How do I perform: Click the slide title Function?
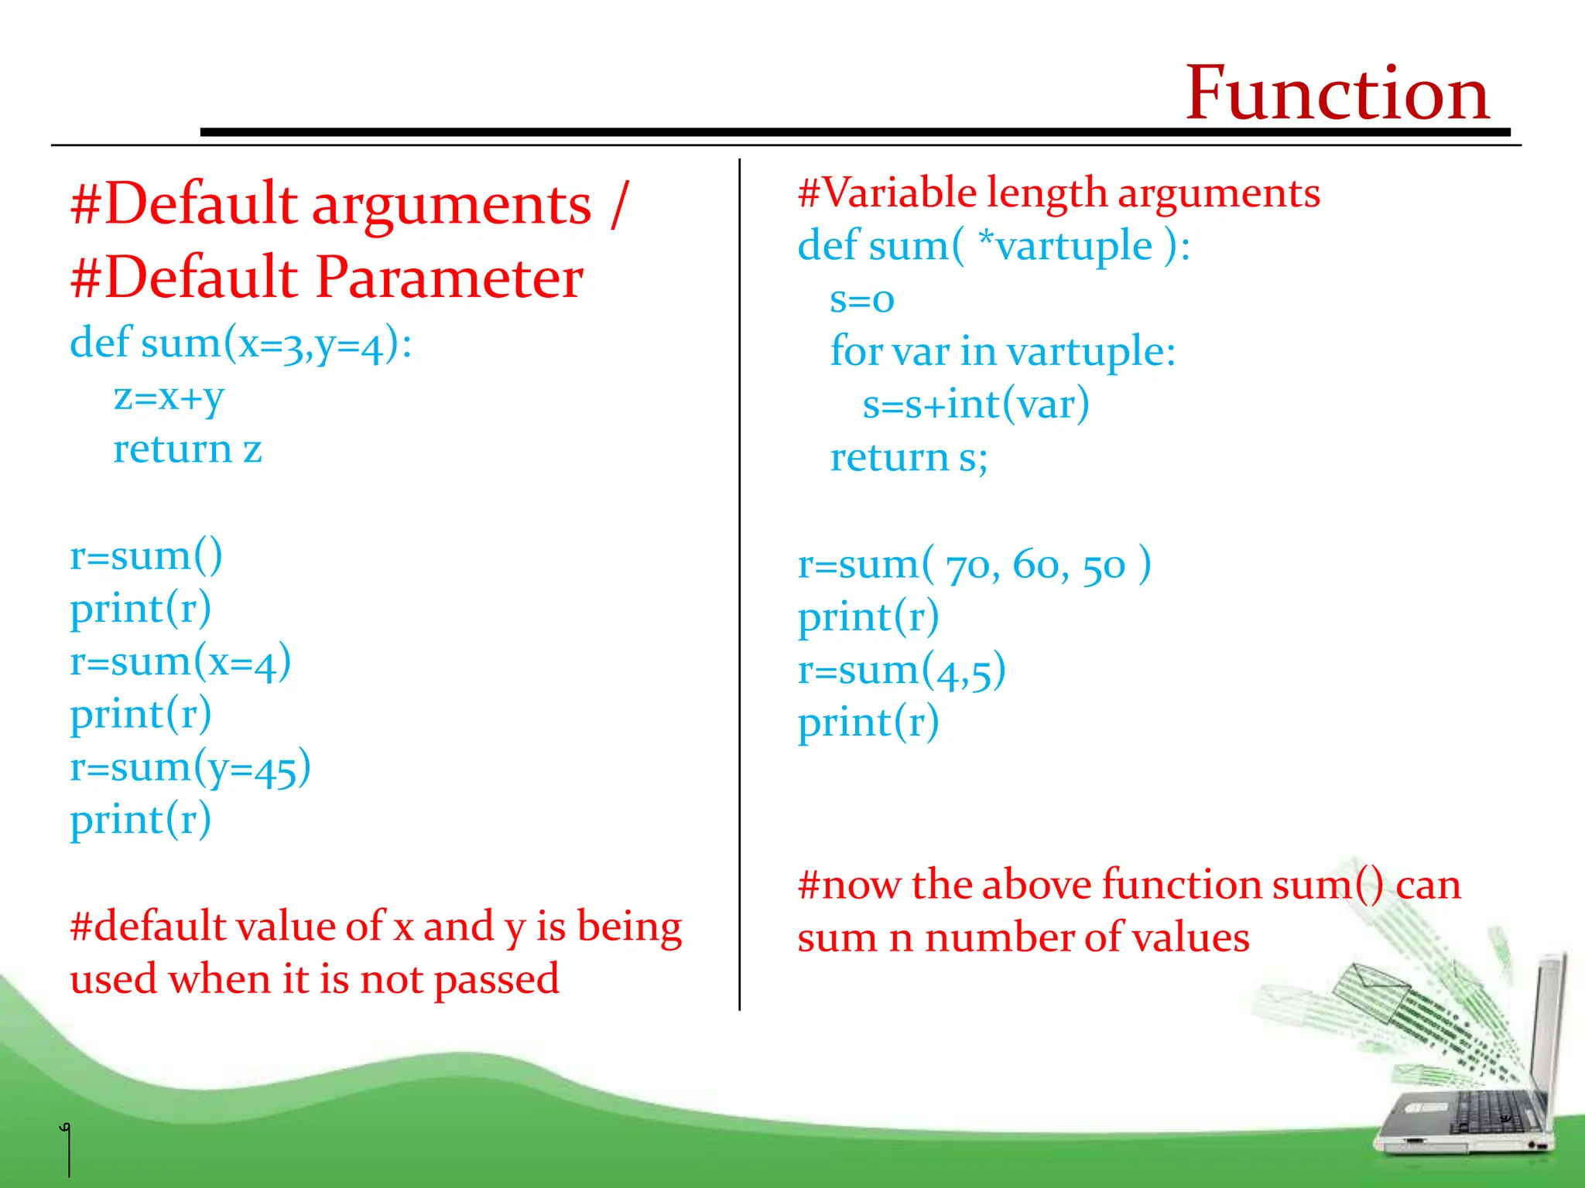[x=1337, y=94]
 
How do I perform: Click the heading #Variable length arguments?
[x=1059, y=193]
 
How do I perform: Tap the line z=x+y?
[x=169, y=398]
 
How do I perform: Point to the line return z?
[x=187, y=449]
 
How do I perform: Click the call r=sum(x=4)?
[x=180, y=663]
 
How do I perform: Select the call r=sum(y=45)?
[x=190, y=768]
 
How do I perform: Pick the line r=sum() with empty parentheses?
[x=146, y=556]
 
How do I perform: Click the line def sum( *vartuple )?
[x=994, y=247]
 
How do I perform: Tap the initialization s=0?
[x=861, y=299]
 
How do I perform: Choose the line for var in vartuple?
[x=1003, y=352]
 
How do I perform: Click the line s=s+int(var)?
[x=976, y=405]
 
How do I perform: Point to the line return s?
[x=909, y=458]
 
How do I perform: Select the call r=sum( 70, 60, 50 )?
[x=974, y=565]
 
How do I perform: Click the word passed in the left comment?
[x=496, y=980]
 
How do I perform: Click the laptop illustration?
[x=1470, y=1098]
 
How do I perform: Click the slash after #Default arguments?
[x=618, y=204]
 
